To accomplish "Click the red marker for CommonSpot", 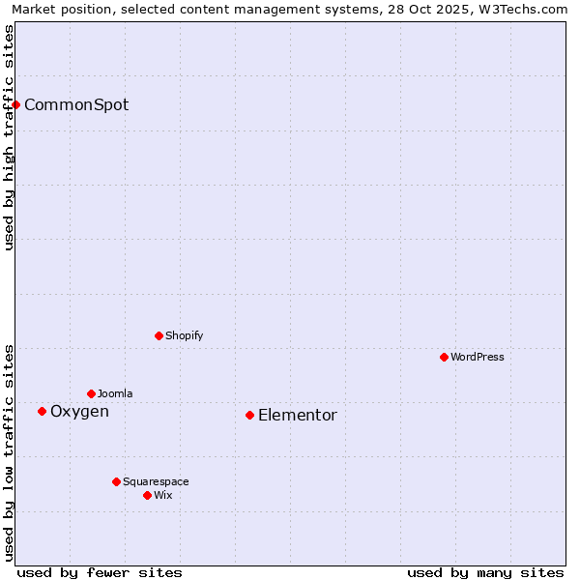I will click(x=16, y=104).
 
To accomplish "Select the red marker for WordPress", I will click(x=444, y=357).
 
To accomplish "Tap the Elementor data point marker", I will click(x=249, y=415).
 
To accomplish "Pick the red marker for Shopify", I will click(x=159, y=335).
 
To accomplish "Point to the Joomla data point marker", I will click(x=91, y=393).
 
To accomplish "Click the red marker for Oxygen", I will click(x=42, y=411).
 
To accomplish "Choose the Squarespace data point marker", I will click(x=116, y=481).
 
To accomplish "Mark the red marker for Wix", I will click(x=147, y=495).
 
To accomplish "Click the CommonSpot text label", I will click(x=76, y=104).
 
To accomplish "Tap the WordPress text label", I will click(x=478, y=357).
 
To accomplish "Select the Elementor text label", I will click(x=298, y=416).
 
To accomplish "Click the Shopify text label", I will click(x=185, y=335).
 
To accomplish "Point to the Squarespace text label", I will click(x=156, y=481).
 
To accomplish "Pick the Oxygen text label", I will click(x=79, y=412).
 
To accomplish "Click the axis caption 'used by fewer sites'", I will click(x=100, y=572).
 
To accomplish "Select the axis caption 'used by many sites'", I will click(x=485, y=572).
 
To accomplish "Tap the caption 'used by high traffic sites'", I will click(x=9, y=137).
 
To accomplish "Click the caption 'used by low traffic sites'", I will click(x=9, y=451).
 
